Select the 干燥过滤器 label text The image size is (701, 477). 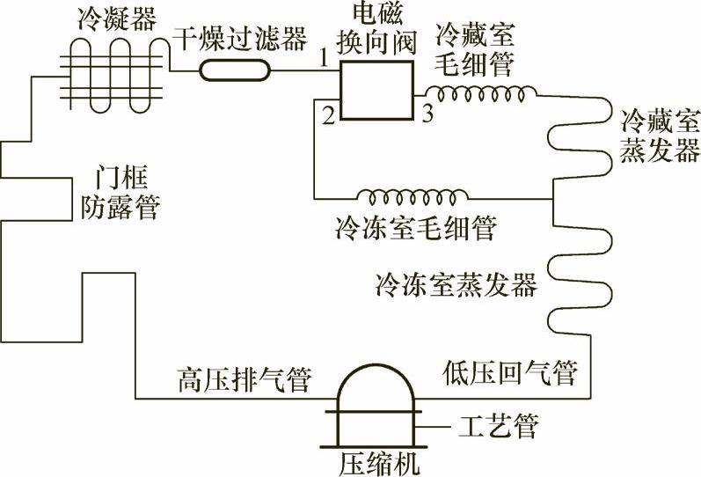click(241, 38)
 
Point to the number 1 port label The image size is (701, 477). click(324, 59)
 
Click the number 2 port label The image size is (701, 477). click(325, 114)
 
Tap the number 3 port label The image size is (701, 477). click(426, 114)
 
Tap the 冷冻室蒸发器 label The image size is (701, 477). click(454, 285)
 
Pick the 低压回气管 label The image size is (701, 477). click(507, 373)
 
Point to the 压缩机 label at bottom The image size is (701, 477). click(376, 460)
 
